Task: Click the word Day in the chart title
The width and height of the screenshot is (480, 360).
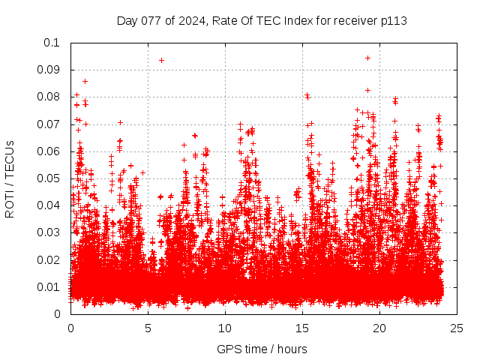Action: point(127,20)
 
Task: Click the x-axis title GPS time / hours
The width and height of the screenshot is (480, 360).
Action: point(262,349)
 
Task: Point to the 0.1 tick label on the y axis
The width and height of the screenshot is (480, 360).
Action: point(52,43)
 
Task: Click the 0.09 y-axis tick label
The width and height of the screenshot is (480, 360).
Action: point(49,70)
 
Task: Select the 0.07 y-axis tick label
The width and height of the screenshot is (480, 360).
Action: point(49,124)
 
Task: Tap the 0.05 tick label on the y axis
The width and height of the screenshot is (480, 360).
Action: point(49,178)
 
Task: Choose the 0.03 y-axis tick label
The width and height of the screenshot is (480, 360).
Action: point(49,232)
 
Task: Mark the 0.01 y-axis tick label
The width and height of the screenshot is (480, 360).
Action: point(49,286)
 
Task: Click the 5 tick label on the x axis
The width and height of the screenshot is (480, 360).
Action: point(148,328)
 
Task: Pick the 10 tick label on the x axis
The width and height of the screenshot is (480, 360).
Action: point(225,328)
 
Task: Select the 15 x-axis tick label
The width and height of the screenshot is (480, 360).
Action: point(302,328)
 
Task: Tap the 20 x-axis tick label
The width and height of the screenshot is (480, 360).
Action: point(379,328)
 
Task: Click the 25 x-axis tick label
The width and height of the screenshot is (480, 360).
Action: point(457,328)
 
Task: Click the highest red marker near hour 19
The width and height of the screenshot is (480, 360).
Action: point(367,58)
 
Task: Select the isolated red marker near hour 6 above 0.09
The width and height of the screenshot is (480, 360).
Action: point(161,60)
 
